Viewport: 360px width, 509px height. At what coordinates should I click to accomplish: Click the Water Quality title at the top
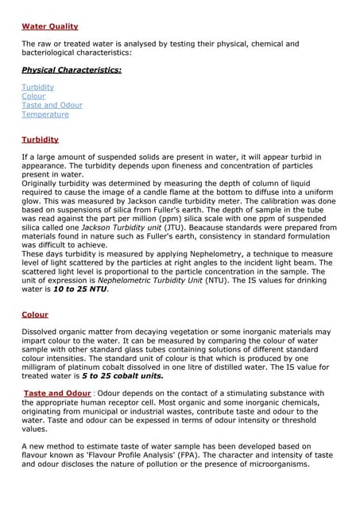49,26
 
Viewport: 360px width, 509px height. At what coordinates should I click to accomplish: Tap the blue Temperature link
45,115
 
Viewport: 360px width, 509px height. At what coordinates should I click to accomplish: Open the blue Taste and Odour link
52,105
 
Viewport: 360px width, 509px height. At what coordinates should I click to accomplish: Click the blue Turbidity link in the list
38,87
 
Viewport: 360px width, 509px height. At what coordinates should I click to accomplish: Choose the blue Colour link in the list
33,96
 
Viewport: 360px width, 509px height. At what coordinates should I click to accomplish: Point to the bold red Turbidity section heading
40,139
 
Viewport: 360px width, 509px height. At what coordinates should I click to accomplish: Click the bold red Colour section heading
35,314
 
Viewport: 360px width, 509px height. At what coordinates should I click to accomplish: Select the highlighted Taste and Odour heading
57,393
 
